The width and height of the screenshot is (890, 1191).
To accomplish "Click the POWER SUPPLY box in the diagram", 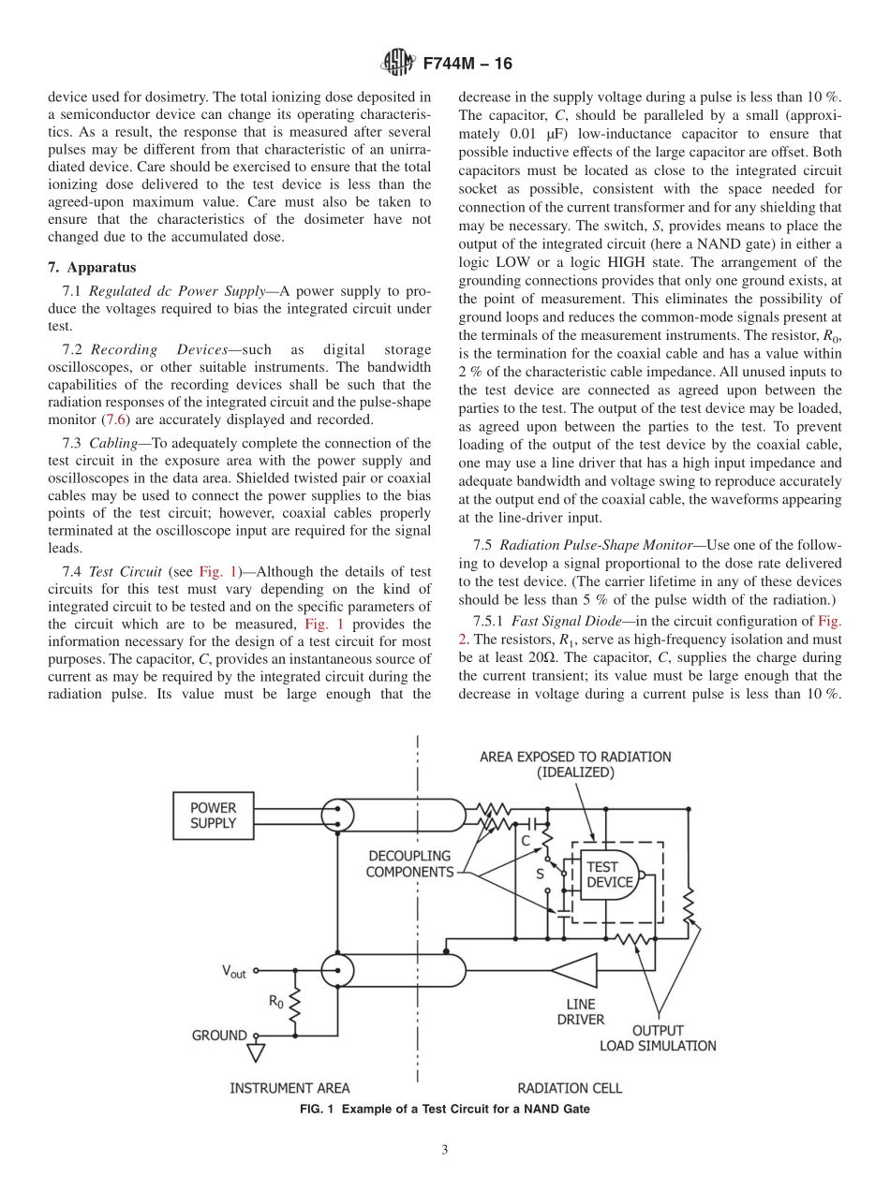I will pos(214,816).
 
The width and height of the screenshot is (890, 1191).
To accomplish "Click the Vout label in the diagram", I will pos(234,972).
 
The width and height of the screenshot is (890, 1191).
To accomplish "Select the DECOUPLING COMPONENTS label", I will pos(408,863).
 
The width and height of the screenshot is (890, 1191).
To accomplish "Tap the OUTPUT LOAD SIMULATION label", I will pos(658,1037).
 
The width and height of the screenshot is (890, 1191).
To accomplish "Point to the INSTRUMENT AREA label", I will pos(290,1088).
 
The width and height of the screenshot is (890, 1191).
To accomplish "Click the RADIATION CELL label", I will pos(570,1088).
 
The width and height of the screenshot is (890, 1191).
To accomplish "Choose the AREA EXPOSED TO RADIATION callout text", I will pos(575,764).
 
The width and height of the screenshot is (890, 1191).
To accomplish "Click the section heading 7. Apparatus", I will pos(92,267).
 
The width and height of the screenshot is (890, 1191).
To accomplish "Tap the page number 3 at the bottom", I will pos(445,1150).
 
